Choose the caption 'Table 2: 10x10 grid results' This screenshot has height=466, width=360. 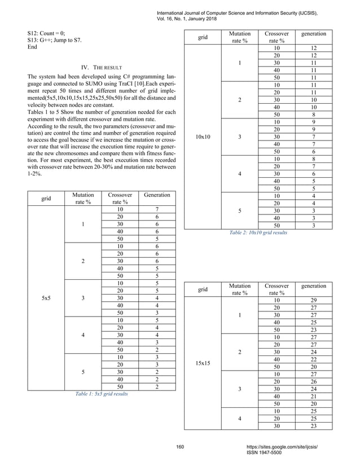(258, 232)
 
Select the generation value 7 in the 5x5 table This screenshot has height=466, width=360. (156, 209)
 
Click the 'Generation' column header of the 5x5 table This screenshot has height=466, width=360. (156, 195)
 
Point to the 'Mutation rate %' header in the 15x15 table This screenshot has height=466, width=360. (240, 289)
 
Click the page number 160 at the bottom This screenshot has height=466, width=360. (180, 448)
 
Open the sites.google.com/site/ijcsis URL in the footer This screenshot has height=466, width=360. (279, 447)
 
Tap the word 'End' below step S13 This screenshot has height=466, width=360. (32, 47)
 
